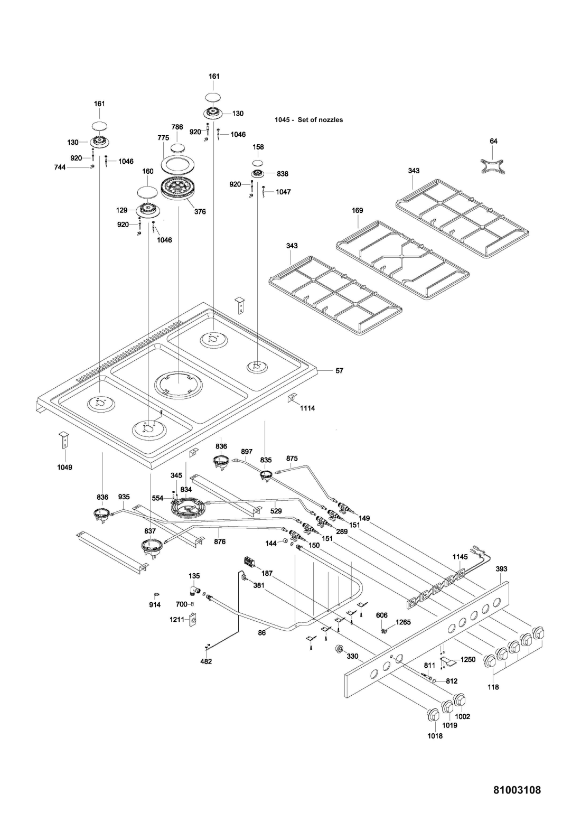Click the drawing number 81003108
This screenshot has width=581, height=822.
[x=517, y=790]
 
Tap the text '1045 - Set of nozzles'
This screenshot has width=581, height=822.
[x=308, y=120]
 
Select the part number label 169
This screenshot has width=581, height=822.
[x=358, y=210]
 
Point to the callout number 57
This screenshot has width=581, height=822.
[x=340, y=370]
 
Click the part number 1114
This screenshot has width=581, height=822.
[x=307, y=408]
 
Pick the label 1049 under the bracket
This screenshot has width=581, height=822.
[x=65, y=467]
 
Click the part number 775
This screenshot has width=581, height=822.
[x=163, y=137]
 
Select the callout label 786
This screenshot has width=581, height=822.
[x=177, y=127]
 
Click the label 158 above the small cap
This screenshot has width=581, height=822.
[x=258, y=147]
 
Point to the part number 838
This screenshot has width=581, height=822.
[x=283, y=173]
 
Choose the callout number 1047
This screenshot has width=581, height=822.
[x=283, y=192]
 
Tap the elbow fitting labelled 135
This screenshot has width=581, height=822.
[x=194, y=590]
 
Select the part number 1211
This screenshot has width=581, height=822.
[x=177, y=619]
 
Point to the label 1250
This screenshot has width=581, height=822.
[x=468, y=659]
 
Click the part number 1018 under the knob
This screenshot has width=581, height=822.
[x=435, y=735]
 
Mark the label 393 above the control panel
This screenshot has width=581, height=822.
[x=501, y=569]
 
